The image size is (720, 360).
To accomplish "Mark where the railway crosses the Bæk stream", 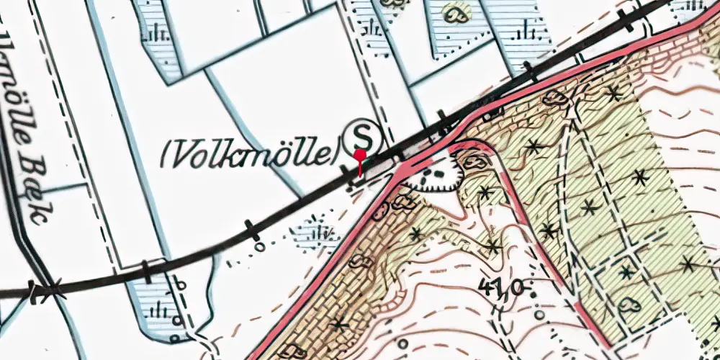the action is click(43, 290).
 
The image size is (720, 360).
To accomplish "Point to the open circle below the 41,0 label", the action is click(539, 315).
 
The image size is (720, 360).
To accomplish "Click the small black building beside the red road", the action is click(494, 113).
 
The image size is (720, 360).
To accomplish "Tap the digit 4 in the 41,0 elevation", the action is click(483, 291).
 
